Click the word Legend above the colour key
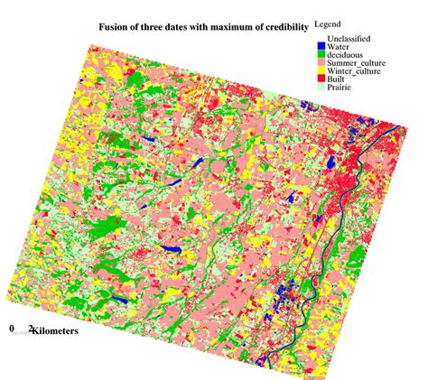click(x=330, y=20)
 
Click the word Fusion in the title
click(x=115, y=28)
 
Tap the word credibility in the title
click(x=278, y=28)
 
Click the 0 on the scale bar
click(x=12, y=330)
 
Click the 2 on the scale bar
click(x=31, y=330)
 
